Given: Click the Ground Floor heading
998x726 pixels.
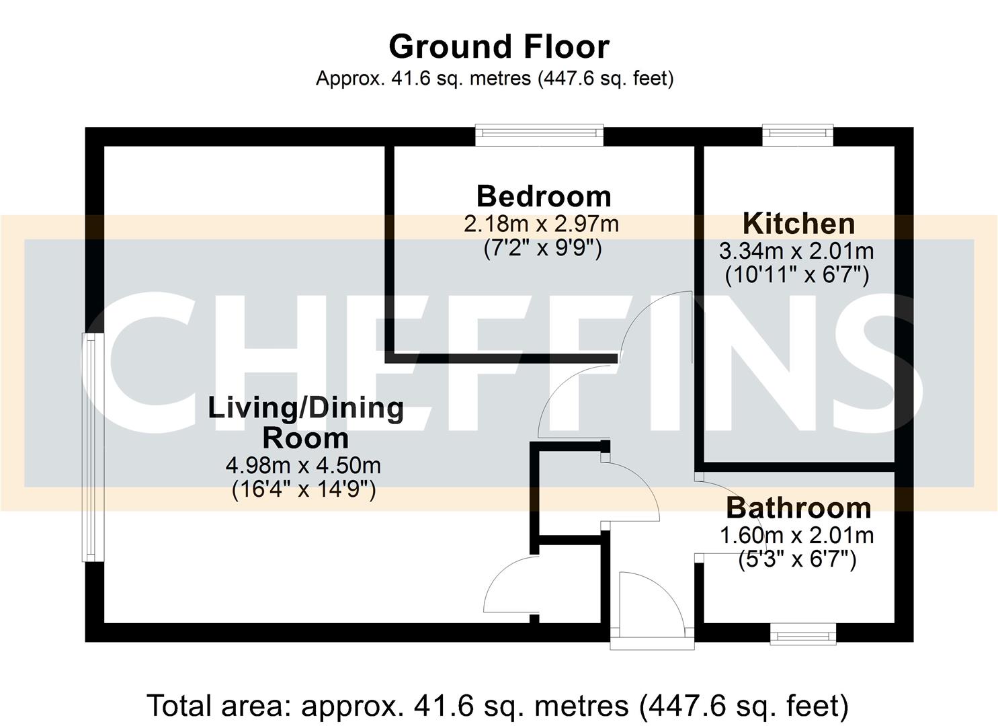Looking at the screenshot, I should click(499, 47).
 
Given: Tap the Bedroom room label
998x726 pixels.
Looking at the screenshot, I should click(544, 196).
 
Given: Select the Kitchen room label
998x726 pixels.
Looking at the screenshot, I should click(798, 223).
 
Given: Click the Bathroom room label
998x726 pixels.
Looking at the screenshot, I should click(798, 508).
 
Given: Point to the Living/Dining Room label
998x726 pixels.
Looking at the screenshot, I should click(306, 423).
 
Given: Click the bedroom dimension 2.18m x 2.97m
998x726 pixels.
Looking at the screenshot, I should click(541, 224).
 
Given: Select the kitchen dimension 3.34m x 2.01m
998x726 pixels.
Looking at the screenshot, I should click(796, 251).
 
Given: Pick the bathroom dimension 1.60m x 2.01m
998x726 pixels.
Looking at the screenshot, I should click(796, 536).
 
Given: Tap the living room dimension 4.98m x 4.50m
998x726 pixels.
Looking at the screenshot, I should click(303, 465).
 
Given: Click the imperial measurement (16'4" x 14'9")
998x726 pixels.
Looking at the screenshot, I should click(303, 489).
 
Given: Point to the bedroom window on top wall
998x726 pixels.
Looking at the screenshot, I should click(539, 135).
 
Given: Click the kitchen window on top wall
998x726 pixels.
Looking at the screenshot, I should click(798, 135).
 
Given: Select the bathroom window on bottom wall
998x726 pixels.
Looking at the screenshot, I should click(802, 633).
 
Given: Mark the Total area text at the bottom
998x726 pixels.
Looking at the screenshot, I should click(497, 706).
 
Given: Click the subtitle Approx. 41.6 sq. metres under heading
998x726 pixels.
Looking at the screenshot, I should click(495, 79).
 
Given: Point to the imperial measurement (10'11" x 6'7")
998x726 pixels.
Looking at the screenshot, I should click(796, 275).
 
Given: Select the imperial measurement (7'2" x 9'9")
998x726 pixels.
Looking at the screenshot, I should click(542, 248).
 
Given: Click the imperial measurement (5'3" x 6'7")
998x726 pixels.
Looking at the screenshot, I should click(796, 559).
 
